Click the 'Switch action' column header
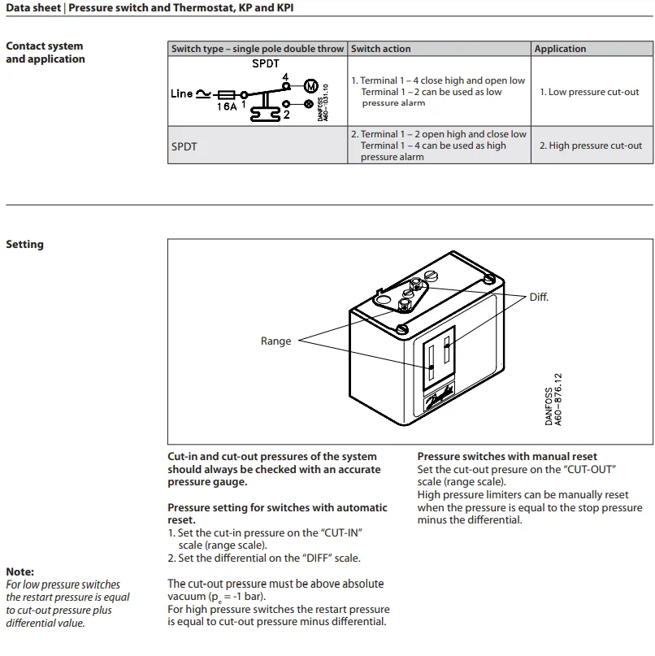[x=381, y=49]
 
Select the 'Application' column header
[x=560, y=49]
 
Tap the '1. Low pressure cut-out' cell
[x=589, y=92]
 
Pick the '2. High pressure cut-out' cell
[x=590, y=146]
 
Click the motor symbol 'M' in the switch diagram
[x=310, y=85]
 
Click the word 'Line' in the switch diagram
[x=182, y=93]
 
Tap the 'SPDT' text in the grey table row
[x=184, y=146]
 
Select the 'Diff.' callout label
[x=539, y=298]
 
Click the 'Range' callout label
[x=275, y=341]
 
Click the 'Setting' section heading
[x=24, y=245]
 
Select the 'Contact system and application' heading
[x=45, y=53]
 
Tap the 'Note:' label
[x=20, y=571]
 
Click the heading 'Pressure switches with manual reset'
[x=507, y=457]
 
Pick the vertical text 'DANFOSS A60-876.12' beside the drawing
[x=553, y=399]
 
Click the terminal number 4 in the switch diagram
[x=285, y=76]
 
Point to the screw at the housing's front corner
[x=402, y=329]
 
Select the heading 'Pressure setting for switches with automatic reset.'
[x=277, y=514]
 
